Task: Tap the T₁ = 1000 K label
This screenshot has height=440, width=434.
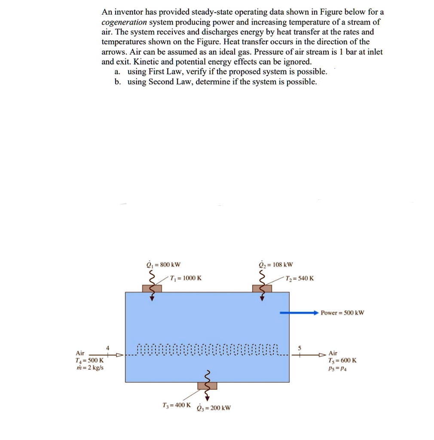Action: [x=186, y=278]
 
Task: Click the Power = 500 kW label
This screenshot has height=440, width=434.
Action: [x=342, y=312]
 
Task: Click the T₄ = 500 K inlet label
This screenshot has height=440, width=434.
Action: [x=89, y=361]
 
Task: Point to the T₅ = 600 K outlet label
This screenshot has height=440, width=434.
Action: [x=342, y=361]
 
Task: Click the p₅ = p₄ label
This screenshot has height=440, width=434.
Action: [x=337, y=368]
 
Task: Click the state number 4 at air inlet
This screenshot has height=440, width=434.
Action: [x=108, y=347]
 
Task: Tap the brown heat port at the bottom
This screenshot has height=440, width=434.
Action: [x=207, y=385]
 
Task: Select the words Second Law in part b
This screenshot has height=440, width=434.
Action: [x=169, y=82]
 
